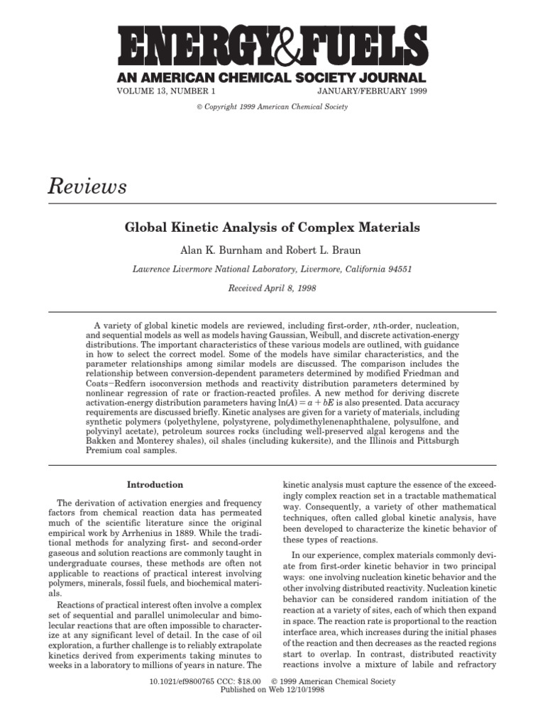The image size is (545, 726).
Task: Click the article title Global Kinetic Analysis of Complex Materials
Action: pos(272,228)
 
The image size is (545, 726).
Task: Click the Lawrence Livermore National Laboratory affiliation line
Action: pos(272,269)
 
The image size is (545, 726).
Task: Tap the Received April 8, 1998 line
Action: pos(272,289)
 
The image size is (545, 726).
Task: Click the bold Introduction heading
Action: pos(155,485)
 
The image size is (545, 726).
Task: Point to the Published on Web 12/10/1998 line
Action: pos(272,690)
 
